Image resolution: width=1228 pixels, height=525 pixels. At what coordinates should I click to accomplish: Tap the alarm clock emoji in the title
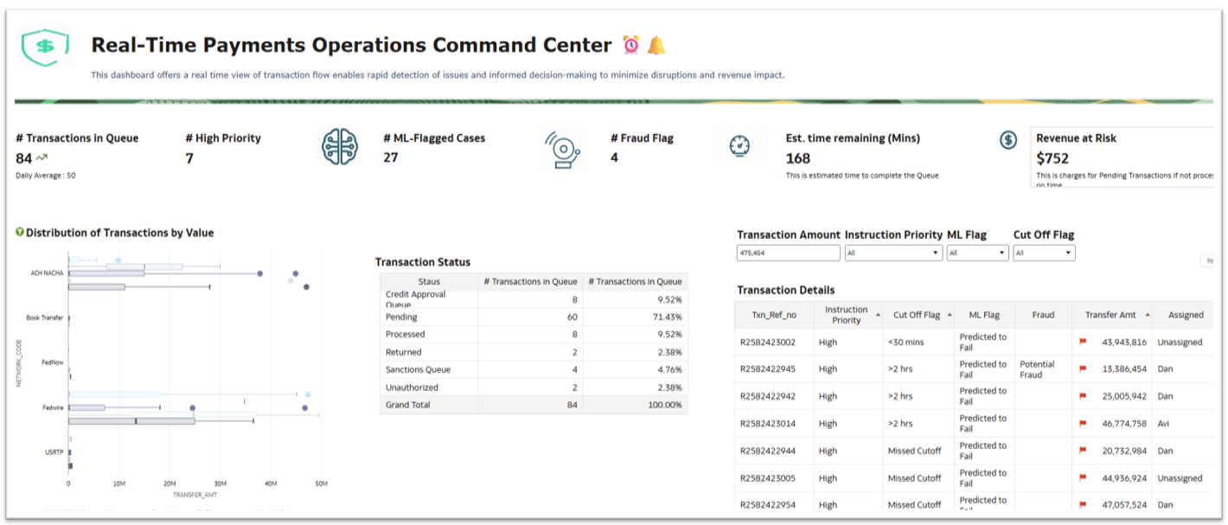[x=631, y=45]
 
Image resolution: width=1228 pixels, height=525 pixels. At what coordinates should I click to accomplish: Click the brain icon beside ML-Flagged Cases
[x=339, y=147]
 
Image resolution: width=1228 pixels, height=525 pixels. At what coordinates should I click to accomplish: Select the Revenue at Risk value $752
[x=1053, y=158]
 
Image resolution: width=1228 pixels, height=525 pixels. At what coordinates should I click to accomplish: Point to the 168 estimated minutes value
[x=797, y=158]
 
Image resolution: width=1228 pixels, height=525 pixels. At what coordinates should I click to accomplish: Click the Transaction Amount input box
[x=788, y=253]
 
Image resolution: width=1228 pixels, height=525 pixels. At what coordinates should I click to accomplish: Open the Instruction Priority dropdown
[x=893, y=253]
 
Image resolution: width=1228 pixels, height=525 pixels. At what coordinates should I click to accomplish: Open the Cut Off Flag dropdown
[x=1044, y=253]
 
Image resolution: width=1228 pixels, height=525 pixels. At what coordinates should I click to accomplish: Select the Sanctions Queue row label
[x=419, y=370]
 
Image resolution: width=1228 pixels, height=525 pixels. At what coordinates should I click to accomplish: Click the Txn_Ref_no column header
[x=774, y=315]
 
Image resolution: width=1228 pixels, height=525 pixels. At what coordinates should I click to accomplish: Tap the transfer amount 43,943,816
[x=1118, y=343]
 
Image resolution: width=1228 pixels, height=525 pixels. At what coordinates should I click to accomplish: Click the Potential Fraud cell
[x=1037, y=369]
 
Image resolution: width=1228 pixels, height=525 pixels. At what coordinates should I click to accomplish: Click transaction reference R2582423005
[x=768, y=478]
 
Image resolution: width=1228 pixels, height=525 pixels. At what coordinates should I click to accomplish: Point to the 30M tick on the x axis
[x=220, y=483]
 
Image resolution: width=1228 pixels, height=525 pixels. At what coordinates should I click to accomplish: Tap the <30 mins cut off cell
[x=905, y=343]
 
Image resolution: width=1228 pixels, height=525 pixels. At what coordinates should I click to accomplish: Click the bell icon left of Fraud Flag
[x=563, y=149]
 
